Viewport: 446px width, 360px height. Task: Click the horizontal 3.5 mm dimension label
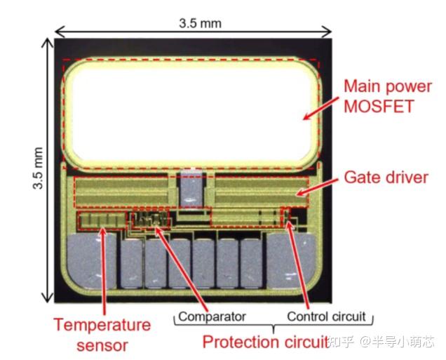[201, 23]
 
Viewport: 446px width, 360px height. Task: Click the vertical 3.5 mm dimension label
[38, 168]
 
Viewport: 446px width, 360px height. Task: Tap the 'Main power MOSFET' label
[388, 96]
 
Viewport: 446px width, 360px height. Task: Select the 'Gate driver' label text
[386, 178]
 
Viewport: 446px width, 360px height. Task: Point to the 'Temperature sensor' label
[102, 335]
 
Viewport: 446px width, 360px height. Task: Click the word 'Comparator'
[212, 316]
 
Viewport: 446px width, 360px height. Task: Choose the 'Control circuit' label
[326, 316]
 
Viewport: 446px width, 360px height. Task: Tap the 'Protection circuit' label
[265, 342]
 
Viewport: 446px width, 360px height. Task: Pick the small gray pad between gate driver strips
[191, 189]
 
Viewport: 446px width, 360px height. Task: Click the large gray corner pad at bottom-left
[92, 260]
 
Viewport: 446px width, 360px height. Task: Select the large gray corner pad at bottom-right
[292, 260]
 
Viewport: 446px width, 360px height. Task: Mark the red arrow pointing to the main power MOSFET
[321, 109]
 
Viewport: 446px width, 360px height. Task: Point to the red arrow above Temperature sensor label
[104, 271]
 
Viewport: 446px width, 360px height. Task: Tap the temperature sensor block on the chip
[102, 220]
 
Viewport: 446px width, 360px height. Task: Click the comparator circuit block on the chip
[149, 220]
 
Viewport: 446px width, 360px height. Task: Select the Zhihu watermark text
[381, 342]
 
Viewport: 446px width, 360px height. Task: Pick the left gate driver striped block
[122, 192]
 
